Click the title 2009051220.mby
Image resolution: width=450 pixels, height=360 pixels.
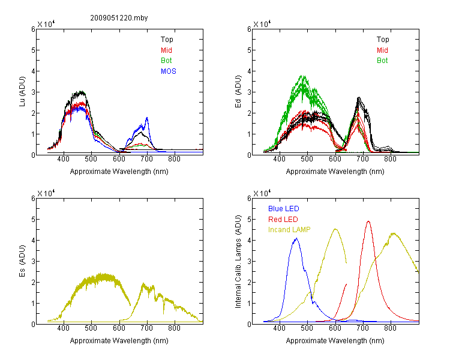click(x=119, y=18)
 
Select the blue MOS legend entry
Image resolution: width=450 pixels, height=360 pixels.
click(x=169, y=71)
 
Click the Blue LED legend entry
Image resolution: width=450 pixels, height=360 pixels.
click(x=284, y=209)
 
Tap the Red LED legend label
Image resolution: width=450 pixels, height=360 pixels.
click(x=283, y=220)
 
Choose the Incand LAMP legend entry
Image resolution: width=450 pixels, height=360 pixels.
click(x=289, y=230)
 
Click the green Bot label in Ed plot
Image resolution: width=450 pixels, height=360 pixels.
click(x=382, y=61)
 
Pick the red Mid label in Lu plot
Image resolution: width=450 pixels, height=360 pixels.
click(x=166, y=50)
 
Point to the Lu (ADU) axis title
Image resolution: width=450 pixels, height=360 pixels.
click(x=22, y=91)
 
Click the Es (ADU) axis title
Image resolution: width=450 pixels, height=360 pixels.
click(x=22, y=260)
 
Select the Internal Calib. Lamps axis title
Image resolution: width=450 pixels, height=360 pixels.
click(x=238, y=262)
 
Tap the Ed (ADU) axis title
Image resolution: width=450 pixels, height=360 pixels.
click(x=238, y=91)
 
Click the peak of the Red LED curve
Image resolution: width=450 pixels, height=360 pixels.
click(x=368, y=221)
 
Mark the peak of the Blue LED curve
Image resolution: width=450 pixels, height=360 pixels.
click(x=296, y=238)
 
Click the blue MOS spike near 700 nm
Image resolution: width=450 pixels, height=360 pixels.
click(x=147, y=118)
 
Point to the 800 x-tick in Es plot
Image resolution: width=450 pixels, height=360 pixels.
click(x=174, y=328)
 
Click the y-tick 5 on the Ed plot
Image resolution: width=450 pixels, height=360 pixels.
click(x=249, y=50)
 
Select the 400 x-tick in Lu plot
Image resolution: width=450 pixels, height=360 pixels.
click(x=64, y=159)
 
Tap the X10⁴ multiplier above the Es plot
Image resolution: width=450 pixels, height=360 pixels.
click(x=46, y=193)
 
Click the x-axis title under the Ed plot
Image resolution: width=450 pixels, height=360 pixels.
click(x=335, y=172)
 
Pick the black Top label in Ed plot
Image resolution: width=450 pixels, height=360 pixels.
click(x=383, y=40)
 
